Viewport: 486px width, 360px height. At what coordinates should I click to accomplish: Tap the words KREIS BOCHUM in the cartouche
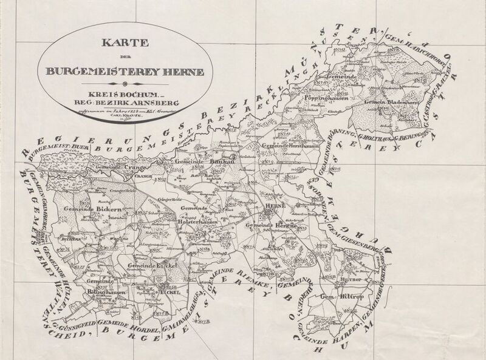[x=126, y=96]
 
